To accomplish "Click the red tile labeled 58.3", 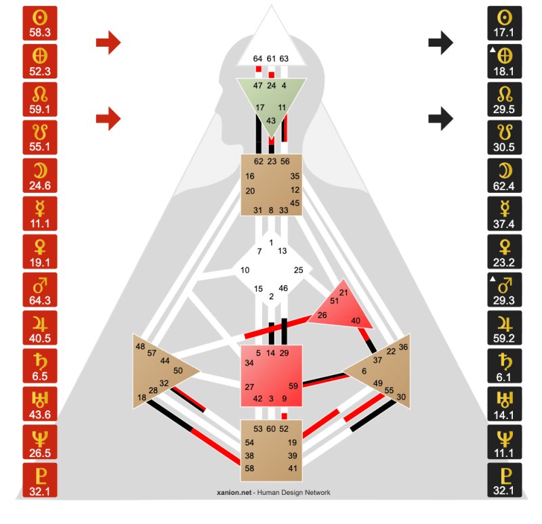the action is pyautogui.click(x=40, y=23).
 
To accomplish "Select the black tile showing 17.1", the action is pyautogui.click(x=504, y=23).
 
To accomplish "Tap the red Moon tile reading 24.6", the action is pyautogui.click(x=40, y=175).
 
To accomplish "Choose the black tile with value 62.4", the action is pyautogui.click(x=504, y=175).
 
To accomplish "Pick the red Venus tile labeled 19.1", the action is pyautogui.click(x=40, y=251).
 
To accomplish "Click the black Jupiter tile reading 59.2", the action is pyautogui.click(x=504, y=328).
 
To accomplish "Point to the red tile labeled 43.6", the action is pyautogui.click(x=40, y=403).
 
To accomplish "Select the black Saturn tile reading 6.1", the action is pyautogui.click(x=504, y=366).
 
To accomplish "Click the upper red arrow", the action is pyautogui.click(x=108, y=43).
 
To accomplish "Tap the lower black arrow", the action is pyautogui.click(x=441, y=118).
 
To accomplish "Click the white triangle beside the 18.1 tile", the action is pyautogui.click(x=493, y=49).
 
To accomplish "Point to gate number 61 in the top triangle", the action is pyautogui.click(x=271, y=59).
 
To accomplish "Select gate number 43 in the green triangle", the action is pyautogui.click(x=271, y=121).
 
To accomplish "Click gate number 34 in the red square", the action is pyautogui.click(x=249, y=363).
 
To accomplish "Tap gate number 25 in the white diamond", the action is pyautogui.click(x=298, y=270).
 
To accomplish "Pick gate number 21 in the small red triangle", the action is pyautogui.click(x=343, y=292).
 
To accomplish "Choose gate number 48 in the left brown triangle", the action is pyautogui.click(x=140, y=347).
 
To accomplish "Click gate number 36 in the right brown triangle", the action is pyautogui.click(x=403, y=347).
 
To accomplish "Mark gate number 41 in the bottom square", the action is pyautogui.click(x=293, y=468).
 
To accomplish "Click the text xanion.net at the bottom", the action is pyautogui.click(x=234, y=493).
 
